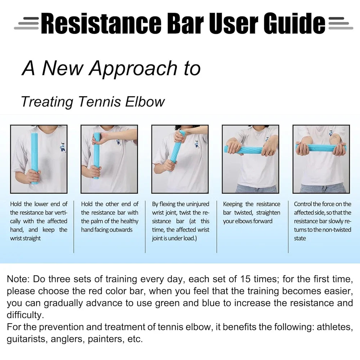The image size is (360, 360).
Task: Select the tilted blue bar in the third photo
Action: coord(176,151)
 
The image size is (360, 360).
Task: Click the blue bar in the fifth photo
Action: coord(320,148)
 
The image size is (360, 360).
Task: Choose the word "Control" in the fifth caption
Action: coord(303,204)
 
